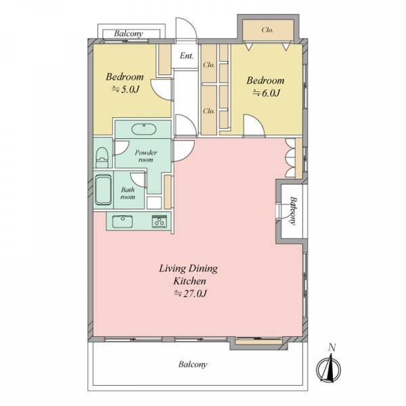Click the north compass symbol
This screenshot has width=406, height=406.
(328, 369)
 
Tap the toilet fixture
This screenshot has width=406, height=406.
(101, 158)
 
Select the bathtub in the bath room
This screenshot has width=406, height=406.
(103, 189)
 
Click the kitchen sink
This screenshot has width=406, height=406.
(122, 222)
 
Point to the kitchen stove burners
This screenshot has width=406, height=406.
(159, 222)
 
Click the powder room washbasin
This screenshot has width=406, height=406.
(143, 129)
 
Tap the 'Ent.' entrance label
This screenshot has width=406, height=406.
(187, 55)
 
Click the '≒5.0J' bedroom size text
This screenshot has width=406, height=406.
(126, 89)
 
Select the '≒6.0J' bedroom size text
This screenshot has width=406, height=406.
(266, 93)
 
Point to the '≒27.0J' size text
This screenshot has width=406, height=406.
(190, 294)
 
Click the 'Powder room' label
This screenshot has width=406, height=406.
(145, 156)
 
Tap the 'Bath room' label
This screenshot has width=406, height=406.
(128, 194)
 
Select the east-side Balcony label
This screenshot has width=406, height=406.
(293, 210)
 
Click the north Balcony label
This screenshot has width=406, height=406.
(129, 34)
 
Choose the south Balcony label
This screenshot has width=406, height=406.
(193, 365)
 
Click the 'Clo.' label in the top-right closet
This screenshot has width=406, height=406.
(267, 30)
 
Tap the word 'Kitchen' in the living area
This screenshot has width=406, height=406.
(189, 281)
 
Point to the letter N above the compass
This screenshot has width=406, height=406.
(332, 347)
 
